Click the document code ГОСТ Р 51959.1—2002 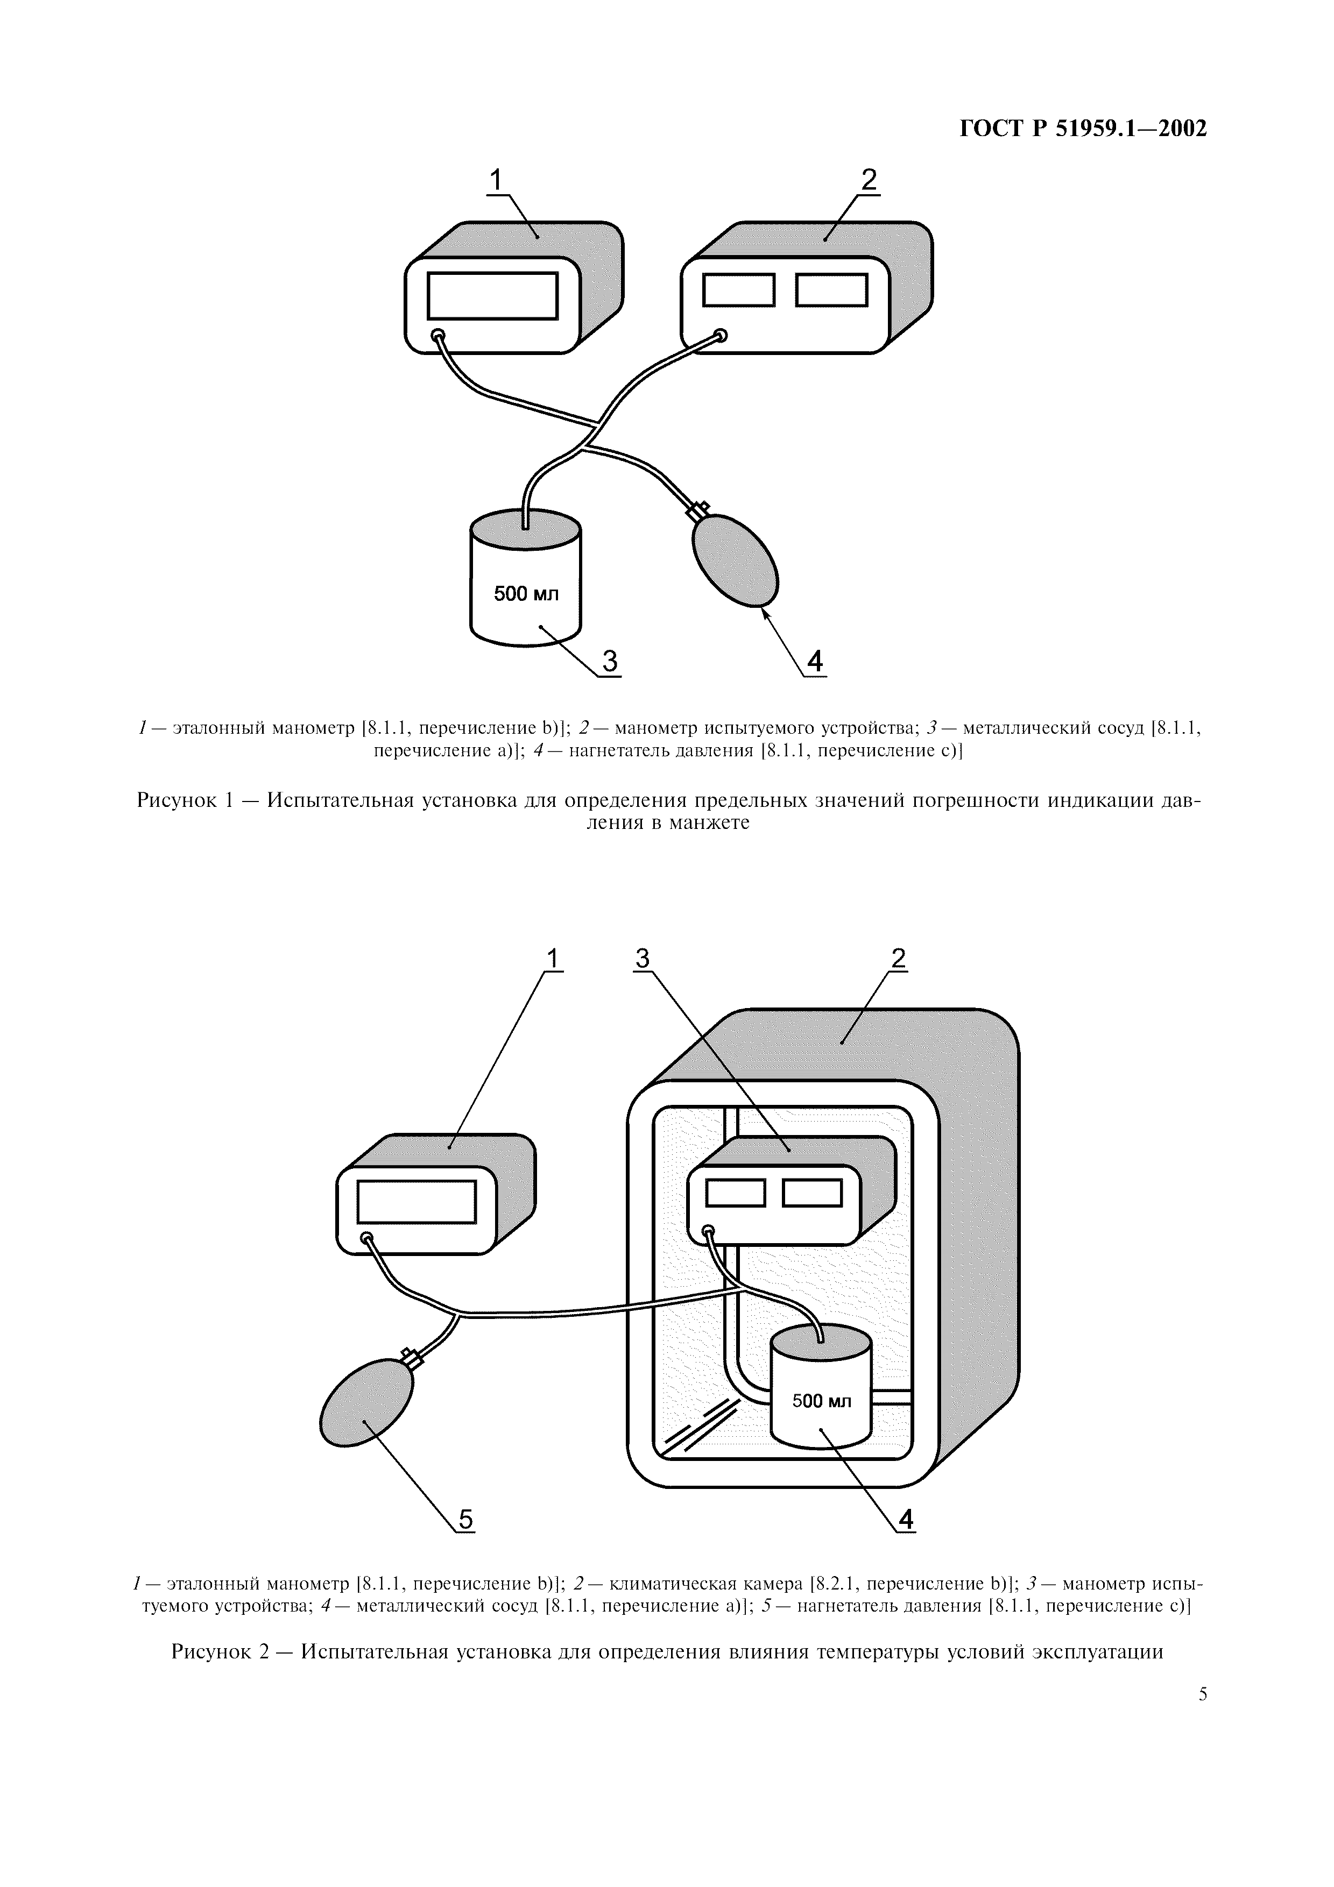click(1083, 129)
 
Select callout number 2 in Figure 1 click(869, 179)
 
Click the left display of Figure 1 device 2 click(739, 289)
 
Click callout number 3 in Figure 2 click(643, 957)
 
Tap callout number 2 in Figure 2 click(898, 957)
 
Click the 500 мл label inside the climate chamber click(821, 1400)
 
